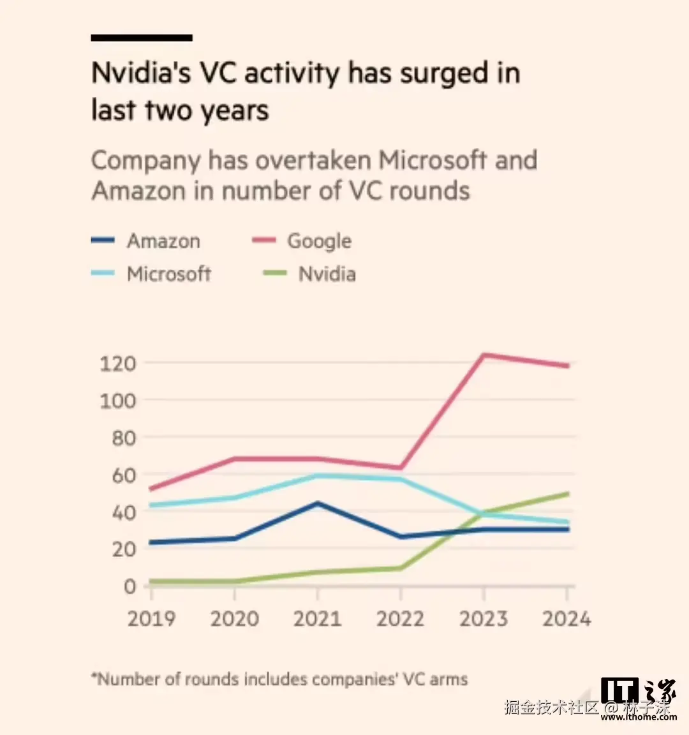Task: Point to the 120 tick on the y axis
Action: (118, 364)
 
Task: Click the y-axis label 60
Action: (124, 475)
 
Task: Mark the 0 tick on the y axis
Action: (130, 586)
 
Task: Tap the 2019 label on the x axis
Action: (152, 619)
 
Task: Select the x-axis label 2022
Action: (400, 619)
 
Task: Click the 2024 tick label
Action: (567, 619)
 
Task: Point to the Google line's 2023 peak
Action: (484, 355)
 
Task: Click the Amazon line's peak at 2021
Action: (317, 503)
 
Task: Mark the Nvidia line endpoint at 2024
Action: (567, 494)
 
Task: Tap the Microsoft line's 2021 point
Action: (317, 475)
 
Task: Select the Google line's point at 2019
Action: (151, 489)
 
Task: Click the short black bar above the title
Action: (142, 38)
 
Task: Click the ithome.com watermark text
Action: (639, 717)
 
